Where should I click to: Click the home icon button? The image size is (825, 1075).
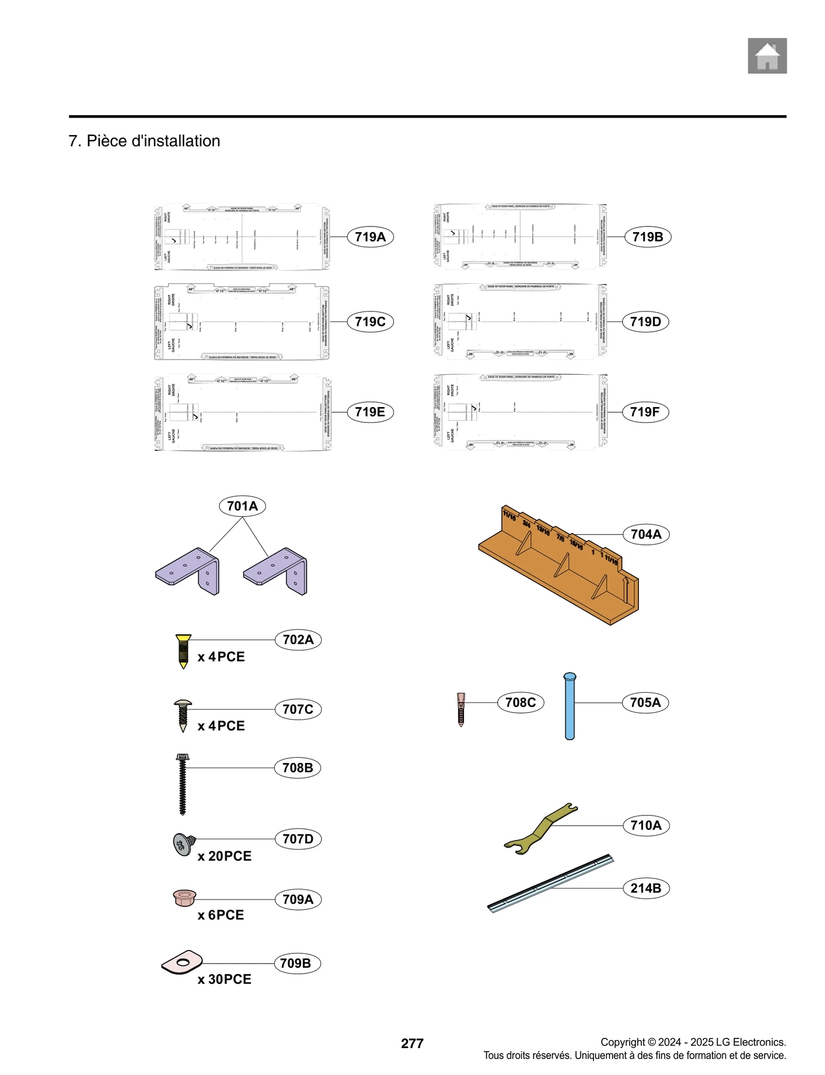pos(767,56)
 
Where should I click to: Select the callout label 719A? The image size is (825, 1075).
pos(370,237)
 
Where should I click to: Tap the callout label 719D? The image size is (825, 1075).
pos(645,321)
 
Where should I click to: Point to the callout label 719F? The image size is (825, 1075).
pos(645,412)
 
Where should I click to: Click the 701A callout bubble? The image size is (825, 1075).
pos(242,506)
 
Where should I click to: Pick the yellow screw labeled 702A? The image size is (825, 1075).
pos(183,651)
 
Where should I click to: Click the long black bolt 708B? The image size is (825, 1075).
pos(182,784)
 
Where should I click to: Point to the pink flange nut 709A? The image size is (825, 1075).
pos(185,898)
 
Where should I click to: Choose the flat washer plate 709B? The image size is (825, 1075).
pos(181,962)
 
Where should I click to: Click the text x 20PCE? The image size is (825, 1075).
pos(224,856)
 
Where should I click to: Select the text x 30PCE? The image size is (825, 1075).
pos(224,979)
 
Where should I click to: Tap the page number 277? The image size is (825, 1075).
pos(411,1043)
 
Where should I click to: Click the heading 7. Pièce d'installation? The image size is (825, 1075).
pos(144,141)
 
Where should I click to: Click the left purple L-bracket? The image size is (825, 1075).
pos(188,571)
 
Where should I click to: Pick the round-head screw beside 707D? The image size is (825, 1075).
pos(183,844)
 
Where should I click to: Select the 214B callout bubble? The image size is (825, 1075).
pos(645,888)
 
